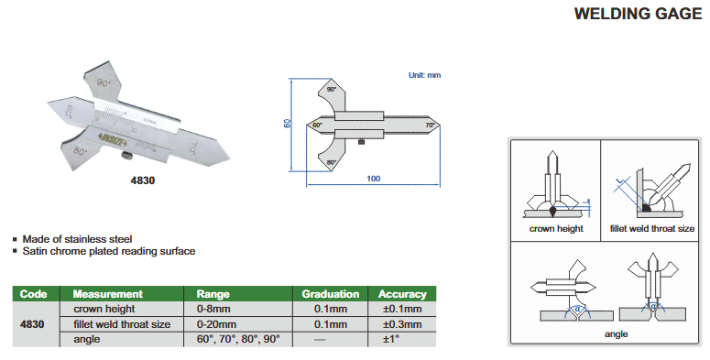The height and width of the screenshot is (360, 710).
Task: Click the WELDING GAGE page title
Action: [x=638, y=14]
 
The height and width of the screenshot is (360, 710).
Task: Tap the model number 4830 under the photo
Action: [x=143, y=180]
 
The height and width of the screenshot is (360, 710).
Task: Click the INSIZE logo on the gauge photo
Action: [x=112, y=139]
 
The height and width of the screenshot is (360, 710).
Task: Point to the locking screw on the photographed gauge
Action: [x=126, y=157]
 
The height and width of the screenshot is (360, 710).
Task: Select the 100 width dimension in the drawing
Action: [x=373, y=179]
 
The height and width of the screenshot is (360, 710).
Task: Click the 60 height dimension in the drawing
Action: [x=287, y=123]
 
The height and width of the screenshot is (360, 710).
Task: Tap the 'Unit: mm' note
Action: [x=424, y=75]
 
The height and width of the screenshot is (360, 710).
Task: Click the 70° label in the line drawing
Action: [x=430, y=125]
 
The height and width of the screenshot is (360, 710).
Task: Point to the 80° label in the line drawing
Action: [x=331, y=162]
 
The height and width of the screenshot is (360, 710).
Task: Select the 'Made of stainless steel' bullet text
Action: [x=78, y=239]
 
